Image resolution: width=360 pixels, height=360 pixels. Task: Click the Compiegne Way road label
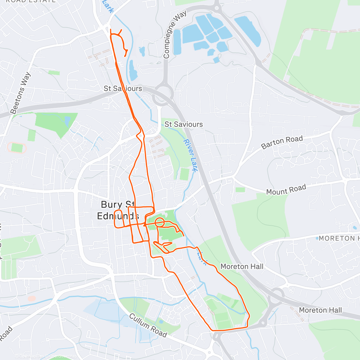[175, 34]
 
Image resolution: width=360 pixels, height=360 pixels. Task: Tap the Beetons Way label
[20, 93]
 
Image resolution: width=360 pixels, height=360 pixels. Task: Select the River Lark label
[191, 155]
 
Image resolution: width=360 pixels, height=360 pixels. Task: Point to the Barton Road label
[282, 142]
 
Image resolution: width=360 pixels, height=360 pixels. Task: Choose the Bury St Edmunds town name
[118, 210]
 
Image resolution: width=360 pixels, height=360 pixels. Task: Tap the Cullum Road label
[148, 325]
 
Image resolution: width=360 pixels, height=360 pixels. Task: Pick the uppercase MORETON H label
[338, 238]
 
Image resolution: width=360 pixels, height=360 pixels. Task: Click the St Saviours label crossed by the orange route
[123, 88]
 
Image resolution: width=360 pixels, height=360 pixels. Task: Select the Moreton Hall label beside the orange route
[242, 266]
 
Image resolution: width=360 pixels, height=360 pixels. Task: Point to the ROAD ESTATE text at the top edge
[31, 1]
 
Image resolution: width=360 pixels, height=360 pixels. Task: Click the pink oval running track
[17, 148]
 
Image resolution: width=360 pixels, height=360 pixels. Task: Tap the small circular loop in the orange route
[160, 222]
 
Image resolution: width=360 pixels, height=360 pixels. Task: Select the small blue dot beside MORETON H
[317, 238]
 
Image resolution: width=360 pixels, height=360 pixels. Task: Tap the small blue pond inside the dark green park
[67, 121]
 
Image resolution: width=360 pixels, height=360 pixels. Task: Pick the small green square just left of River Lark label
[184, 174]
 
